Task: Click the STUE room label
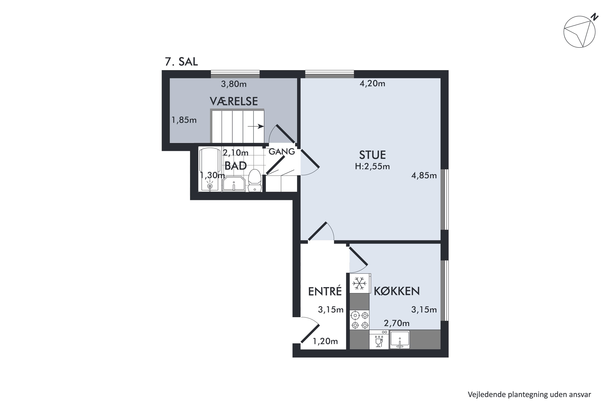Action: (372, 155)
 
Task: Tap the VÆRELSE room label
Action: (234, 101)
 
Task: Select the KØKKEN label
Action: (397, 291)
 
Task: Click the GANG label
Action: (282, 152)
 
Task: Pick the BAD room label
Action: (236, 166)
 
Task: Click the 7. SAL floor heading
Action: (181, 62)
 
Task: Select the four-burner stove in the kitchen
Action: (360, 320)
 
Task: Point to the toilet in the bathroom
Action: (255, 181)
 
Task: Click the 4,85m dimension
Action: (424, 175)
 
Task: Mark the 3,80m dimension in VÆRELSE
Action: (234, 84)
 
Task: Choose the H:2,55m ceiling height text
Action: (372, 166)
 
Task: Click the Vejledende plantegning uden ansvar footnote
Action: (529, 395)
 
